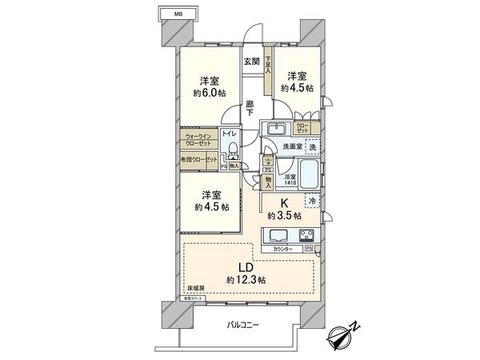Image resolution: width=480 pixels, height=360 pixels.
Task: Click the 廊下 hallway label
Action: point(250,108)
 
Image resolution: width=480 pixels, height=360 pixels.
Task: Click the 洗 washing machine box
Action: point(313,147)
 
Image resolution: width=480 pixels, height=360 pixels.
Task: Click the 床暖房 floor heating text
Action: point(196,287)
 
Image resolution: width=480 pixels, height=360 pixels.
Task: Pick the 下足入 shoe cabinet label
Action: point(268,64)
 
